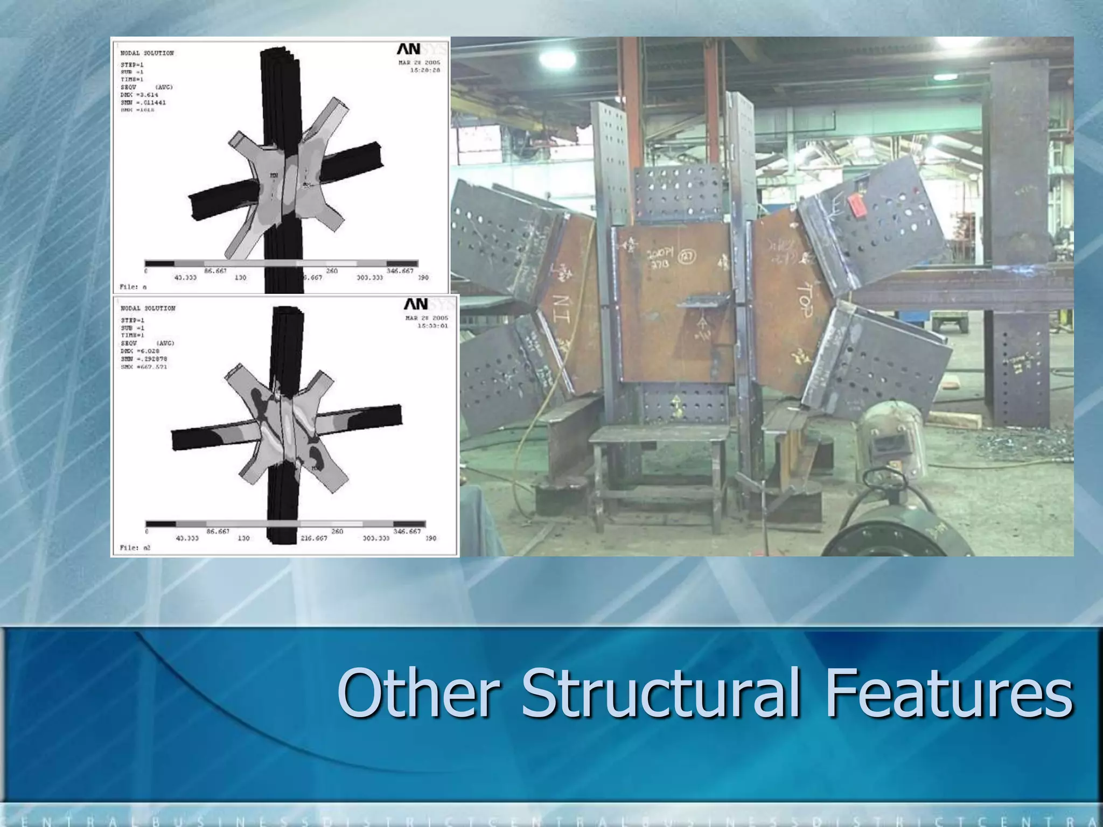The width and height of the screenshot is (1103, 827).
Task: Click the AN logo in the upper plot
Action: (x=409, y=49)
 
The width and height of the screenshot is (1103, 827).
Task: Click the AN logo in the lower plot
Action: (x=416, y=304)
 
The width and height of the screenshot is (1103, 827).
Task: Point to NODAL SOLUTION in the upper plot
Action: (x=147, y=53)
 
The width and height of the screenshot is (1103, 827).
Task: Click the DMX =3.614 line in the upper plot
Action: (x=139, y=95)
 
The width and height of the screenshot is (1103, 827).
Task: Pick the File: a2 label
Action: (x=135, y=548)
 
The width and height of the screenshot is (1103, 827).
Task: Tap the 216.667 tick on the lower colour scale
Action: (x=313, y=538)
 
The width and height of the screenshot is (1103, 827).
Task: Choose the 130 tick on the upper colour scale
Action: (x=240, y=278)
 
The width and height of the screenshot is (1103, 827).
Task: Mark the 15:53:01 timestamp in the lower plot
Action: (x=432, y=326)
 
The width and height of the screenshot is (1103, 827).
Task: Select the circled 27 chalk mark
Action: (x=686, y=256)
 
